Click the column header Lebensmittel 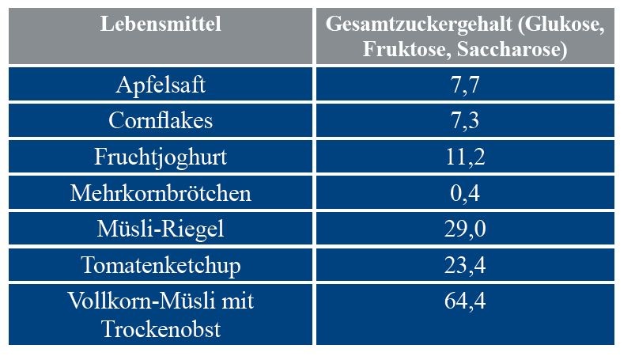[x=161, y=25]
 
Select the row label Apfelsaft [x=161, y=85]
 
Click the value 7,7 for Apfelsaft [x=464, y=85]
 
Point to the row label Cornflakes [x=161, y=121]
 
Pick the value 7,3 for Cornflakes [x=464, y=121]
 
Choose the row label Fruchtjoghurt [x=161, y=157]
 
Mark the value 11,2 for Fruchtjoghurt [x=464, y=157]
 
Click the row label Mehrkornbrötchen [x=161, y=193]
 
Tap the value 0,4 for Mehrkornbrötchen [x=464, y=193]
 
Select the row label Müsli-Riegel [x=161, y=229]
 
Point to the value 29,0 [x=464, y=229]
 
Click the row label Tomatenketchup [x=161, y=266]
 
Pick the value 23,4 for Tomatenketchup [x=464, y=266]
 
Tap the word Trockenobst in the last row [x=161, y=328]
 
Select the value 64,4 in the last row [x=464, y=301]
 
